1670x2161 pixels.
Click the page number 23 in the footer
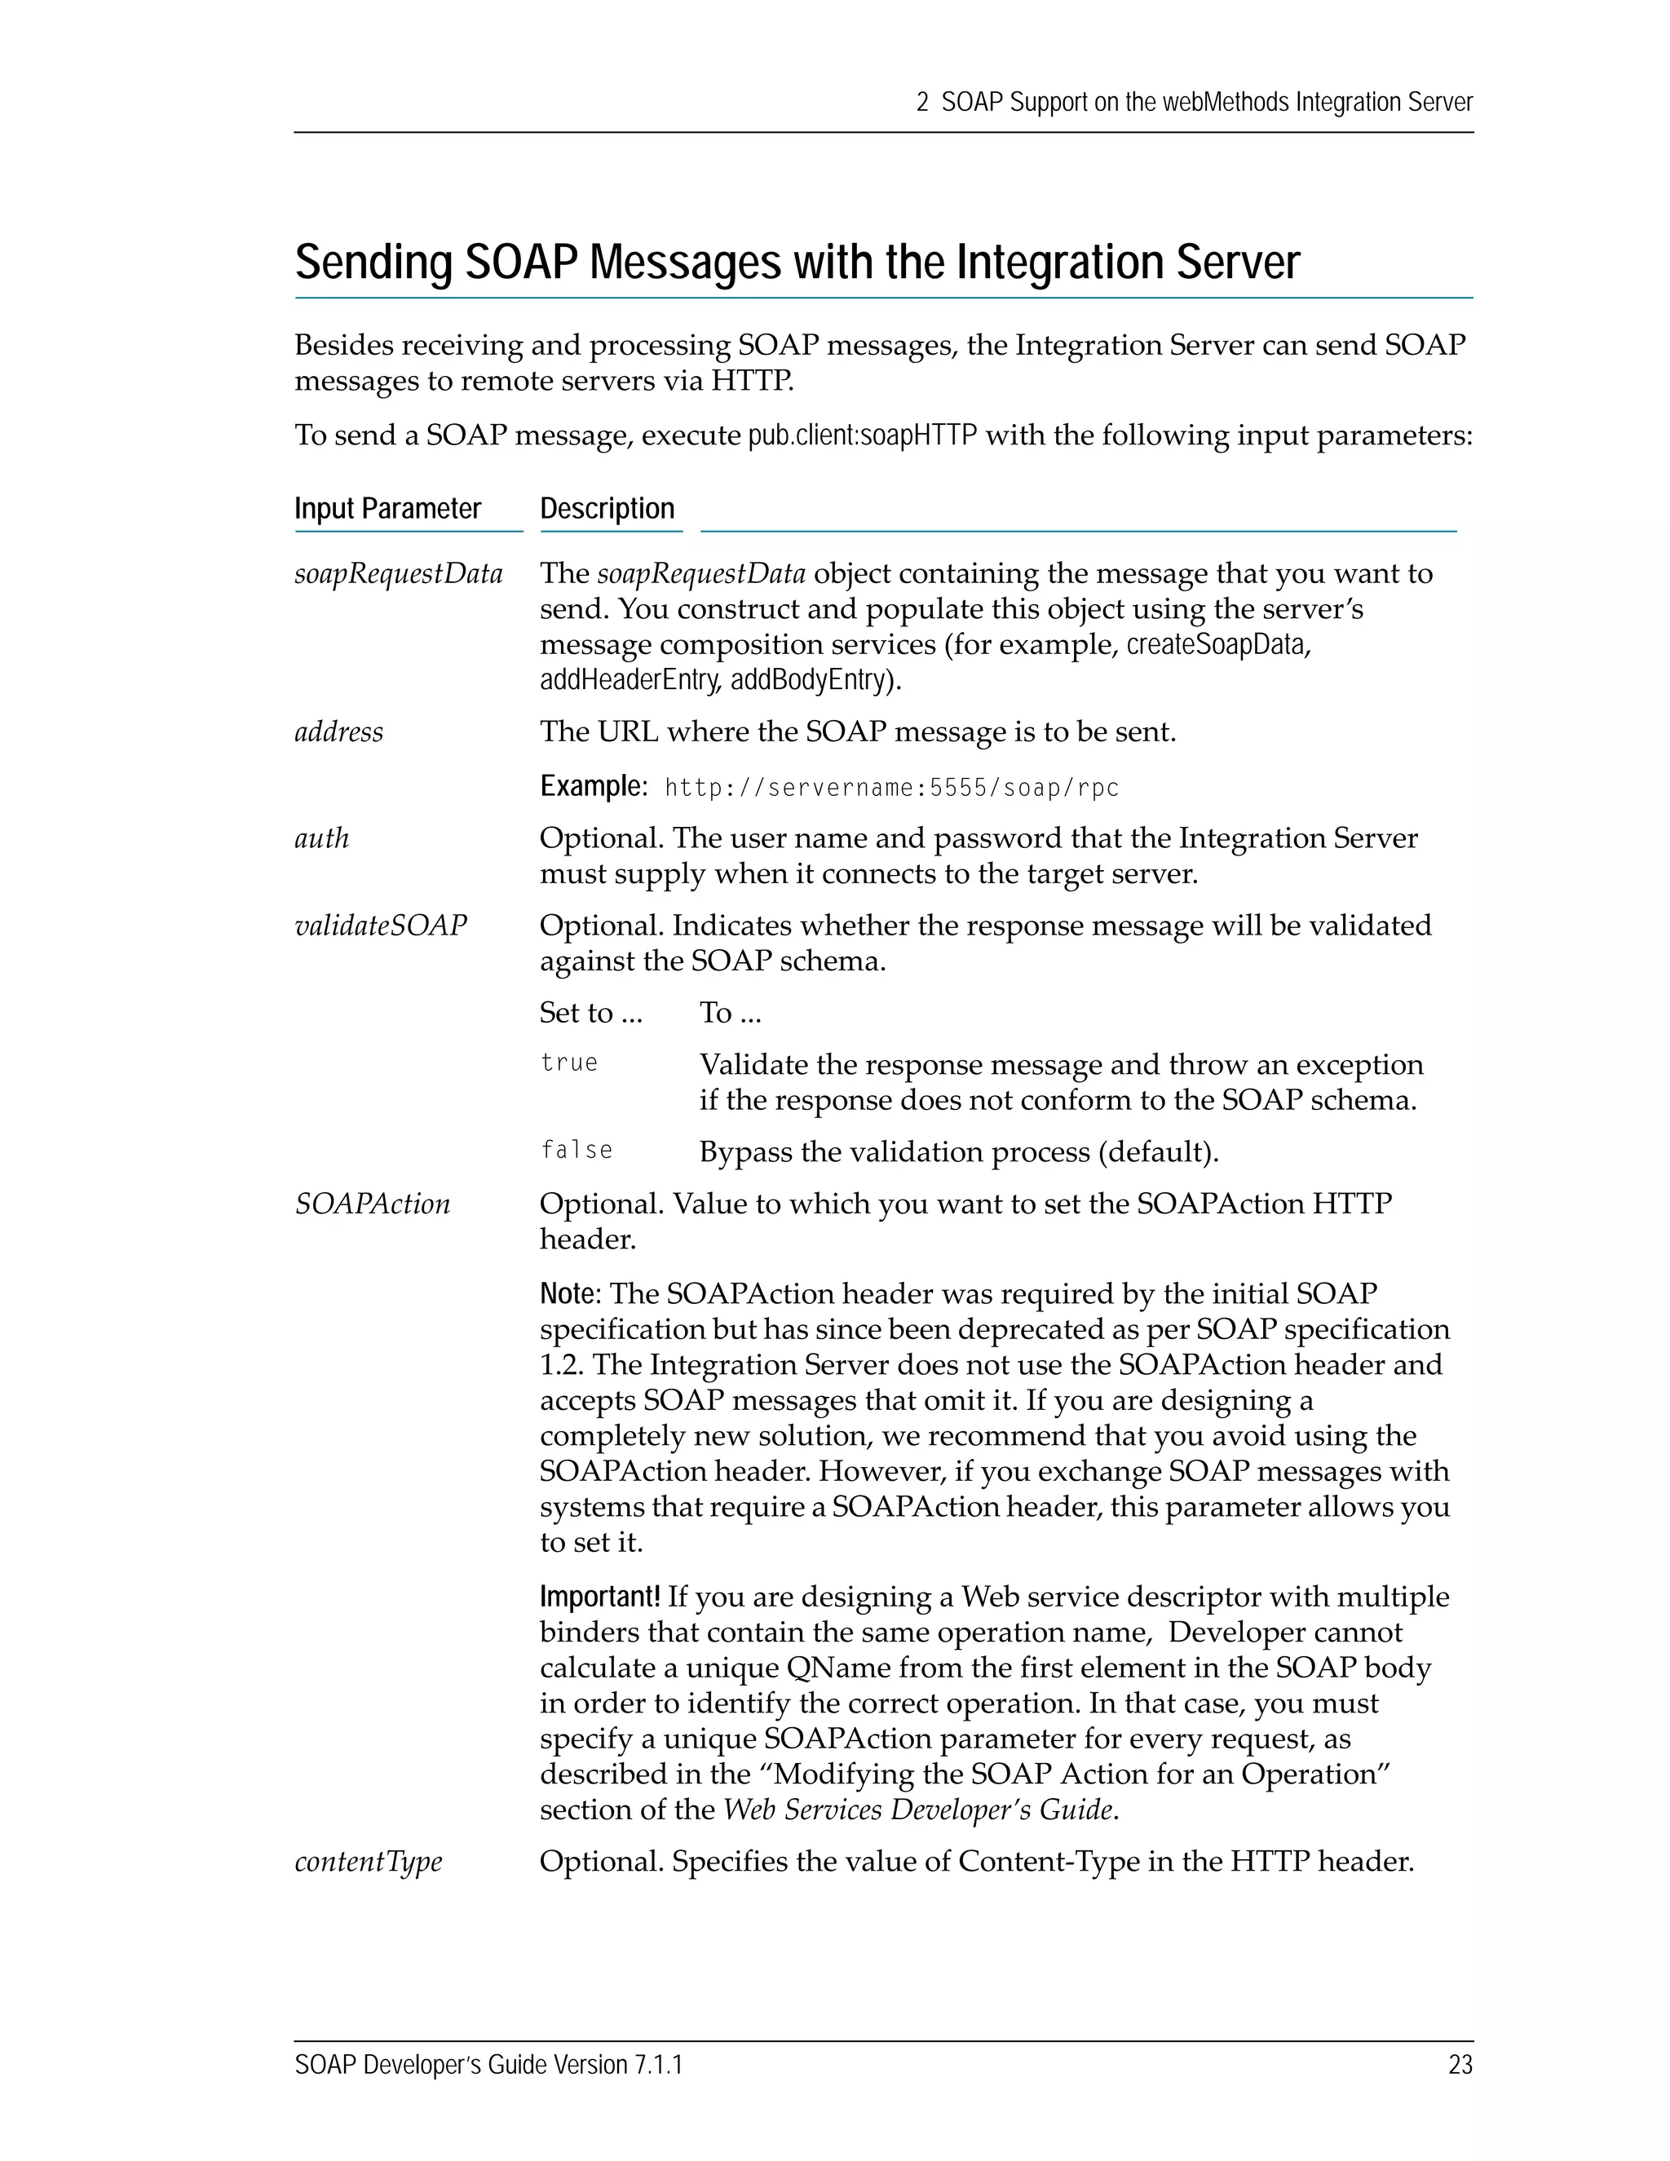[x=1460, y=2065]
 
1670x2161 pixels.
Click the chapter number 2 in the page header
[x=922, y=103]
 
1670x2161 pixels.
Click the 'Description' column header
[x=607, y=509]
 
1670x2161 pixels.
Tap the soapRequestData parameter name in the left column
[x=399, y=574]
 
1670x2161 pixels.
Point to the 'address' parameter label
[x=338, y=732]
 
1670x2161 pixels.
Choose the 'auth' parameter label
[x=321, y=839]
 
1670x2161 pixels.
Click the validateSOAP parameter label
[x=380, y=926]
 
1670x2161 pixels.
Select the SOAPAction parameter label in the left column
[x=372, y=1204]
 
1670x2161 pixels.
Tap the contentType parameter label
[x=368, y=1863]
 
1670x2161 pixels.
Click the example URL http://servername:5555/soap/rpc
[x=891, y=789]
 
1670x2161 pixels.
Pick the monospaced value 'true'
[x=569, y=1063]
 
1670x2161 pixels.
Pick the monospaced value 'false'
[x=576, y=1151]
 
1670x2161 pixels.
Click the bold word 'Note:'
[x=570, y=1294]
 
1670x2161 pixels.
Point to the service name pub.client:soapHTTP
[x=862, y=436]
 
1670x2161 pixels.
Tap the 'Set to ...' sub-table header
[x=590, y=1013]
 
